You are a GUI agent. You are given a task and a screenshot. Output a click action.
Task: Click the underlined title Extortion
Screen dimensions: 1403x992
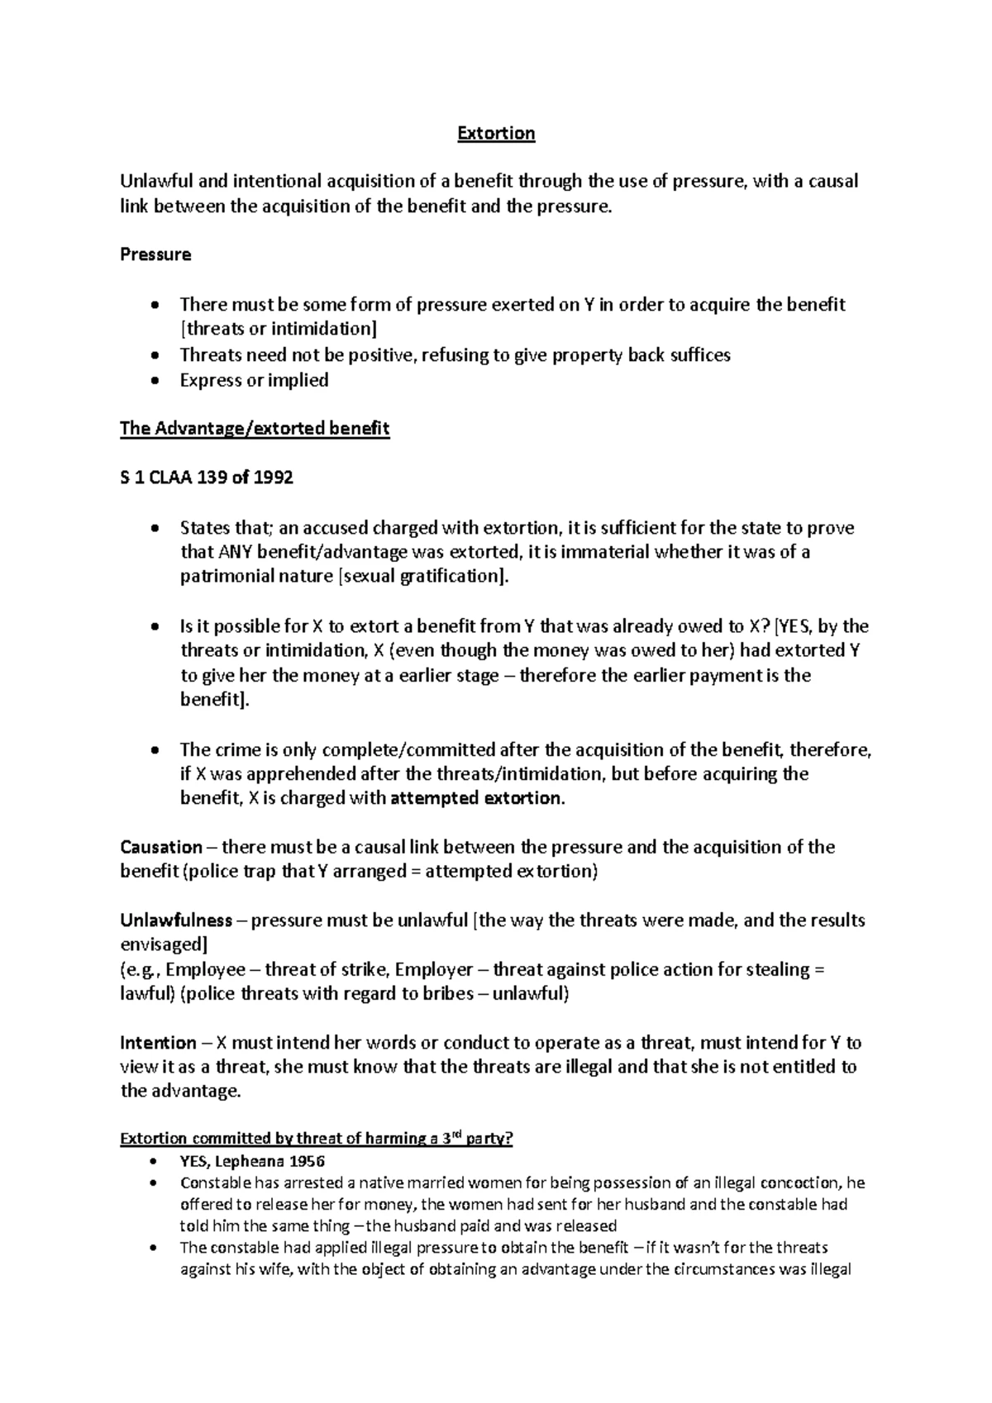(x=496, y=134)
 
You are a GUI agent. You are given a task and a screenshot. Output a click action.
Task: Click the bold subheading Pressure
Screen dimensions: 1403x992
(x=155, y=254)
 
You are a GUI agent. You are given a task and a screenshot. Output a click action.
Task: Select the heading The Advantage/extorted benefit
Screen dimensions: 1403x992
(x=255, y=429)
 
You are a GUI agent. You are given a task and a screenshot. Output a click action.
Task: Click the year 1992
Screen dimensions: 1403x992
(x=274, y=478)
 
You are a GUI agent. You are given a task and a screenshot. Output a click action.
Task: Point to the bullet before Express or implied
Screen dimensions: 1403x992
(x=155, y=382)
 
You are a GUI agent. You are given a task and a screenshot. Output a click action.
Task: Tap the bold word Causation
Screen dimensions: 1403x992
(x=161, y=847)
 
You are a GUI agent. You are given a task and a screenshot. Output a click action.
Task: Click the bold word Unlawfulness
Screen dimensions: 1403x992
(x=176, y=920)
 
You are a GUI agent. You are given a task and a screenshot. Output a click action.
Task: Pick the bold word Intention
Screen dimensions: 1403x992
(x=159, y=1043)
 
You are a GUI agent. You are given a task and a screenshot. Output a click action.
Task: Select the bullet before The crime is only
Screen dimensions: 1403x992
(x=155, y=752)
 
